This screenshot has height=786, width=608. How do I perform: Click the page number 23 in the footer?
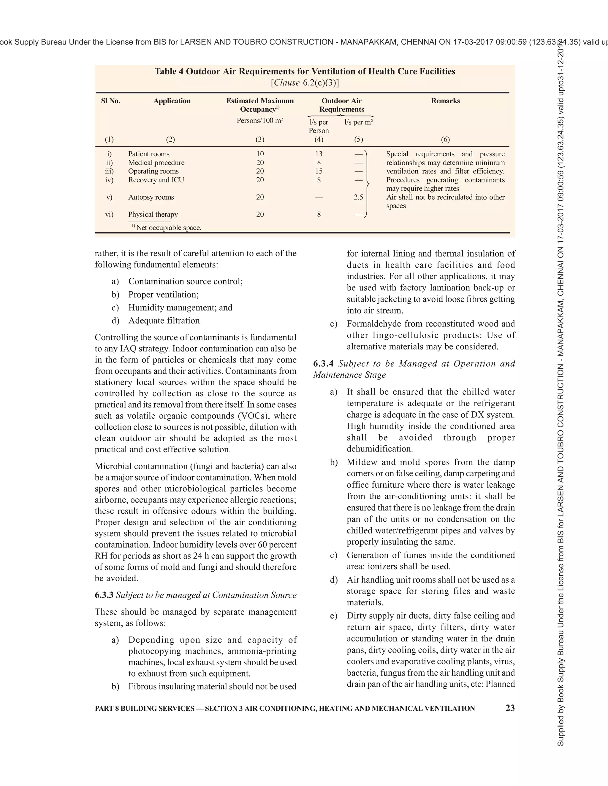[x=510, y=708]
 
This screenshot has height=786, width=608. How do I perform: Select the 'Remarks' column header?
[x=445, y=101]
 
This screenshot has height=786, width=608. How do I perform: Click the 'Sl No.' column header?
[x=110, y=101]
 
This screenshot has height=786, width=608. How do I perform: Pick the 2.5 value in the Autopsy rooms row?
[x=358, y=197]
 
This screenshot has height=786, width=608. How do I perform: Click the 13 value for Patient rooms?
[x=319, y=154]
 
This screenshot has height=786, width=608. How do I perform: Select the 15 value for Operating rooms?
[x=319, y=171]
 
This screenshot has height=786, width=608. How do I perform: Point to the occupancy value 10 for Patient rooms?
[x=260, y=154]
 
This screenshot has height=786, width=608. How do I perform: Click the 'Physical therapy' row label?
[x=153, y=214]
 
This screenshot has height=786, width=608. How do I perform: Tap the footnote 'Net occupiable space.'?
[x=169, y=227]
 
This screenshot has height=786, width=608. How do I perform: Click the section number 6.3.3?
[x=104, y=595]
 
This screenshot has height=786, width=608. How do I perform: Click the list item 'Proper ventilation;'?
[x=164, y=295]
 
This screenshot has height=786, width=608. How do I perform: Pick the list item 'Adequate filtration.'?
[x=165, y=320]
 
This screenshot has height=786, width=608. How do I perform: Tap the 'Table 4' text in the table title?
[x=169, y=71]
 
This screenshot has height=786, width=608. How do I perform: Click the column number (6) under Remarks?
[x=445, y=139]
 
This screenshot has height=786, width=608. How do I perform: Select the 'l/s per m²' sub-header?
[x=358, y=122]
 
